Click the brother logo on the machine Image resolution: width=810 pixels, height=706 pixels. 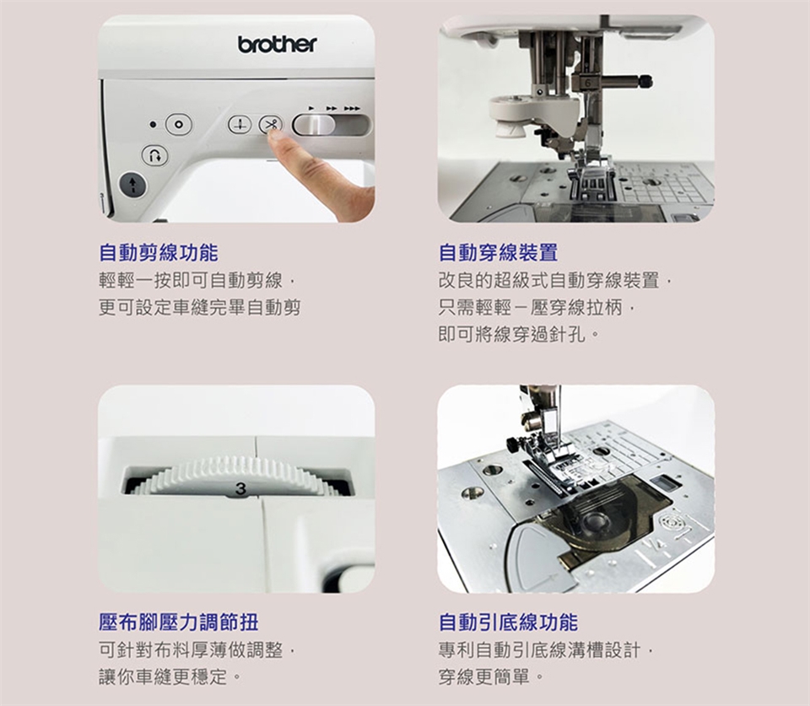click(x=278, y=45)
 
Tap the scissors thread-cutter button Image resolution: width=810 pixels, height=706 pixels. click(x=271, y=125)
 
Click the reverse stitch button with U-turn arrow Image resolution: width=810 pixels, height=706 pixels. click(x=155, y=155)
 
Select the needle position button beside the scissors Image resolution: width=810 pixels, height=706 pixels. click(x=240, y=125)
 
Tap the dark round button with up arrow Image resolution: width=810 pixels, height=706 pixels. click(x=133, y=185)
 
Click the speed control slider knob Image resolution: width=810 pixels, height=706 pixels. click(x=314, y=125)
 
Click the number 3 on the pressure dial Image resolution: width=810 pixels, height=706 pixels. click(x=240, y=488)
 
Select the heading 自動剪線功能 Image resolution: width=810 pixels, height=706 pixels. click(x=159, y=252)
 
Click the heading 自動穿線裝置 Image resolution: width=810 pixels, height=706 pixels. click(x=499, y=252)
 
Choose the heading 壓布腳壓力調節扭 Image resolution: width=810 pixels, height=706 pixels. click(x=179, y=622)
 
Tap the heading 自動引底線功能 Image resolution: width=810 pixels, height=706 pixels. click(x=508, y=622)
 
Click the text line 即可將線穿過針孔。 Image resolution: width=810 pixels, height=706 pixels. click(x=519, y=335)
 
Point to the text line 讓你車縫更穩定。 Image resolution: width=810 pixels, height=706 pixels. click(x=170, y=676)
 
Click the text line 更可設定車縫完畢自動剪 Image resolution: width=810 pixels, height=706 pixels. click(x=199, y=308)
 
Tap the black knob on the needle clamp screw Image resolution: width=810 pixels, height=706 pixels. click(x=645, y=81)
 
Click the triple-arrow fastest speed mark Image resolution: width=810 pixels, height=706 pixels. click(x=352, y=109)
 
